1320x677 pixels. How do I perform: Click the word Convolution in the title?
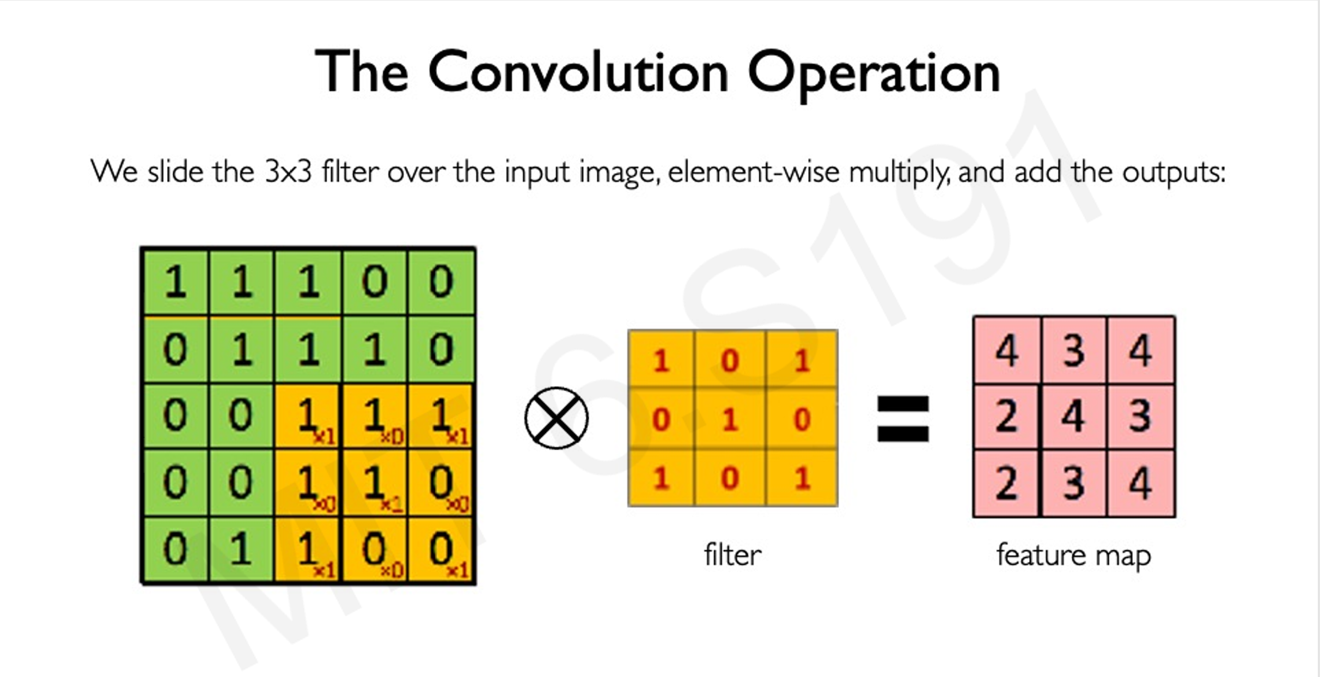(578, 72)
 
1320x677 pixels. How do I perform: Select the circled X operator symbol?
(556, 418)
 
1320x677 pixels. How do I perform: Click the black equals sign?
(902, 418)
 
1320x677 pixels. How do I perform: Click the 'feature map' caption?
(1073, 556)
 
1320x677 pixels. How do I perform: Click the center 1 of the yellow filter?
(730, 419)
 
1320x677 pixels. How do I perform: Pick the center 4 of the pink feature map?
(1073, 417)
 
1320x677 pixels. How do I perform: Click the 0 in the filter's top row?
(730, 361)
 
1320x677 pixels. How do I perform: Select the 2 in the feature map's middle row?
(1006, 417)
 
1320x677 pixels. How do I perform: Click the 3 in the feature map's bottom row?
(1073, 483)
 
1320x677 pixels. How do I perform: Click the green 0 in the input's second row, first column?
(175, 349)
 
